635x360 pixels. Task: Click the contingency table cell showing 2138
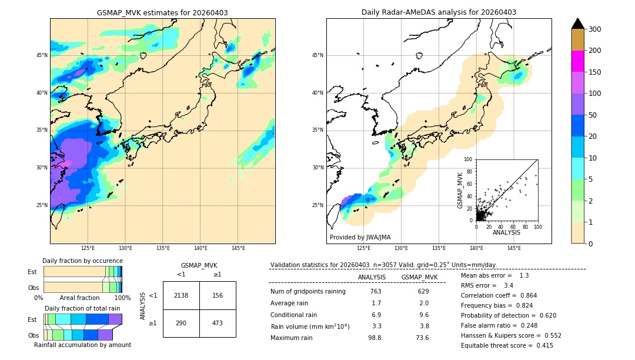[x=181, y=295]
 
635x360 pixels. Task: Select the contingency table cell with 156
[x=218, y=295]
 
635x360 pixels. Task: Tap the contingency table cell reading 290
[x=181, y=324]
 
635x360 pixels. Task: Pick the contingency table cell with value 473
[x=218, y=324]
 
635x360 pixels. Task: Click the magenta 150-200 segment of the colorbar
[x=577, y=61]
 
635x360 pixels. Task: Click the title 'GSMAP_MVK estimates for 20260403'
[x=162, y=12]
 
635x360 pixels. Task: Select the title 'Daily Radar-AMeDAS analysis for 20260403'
[x=439, y=12]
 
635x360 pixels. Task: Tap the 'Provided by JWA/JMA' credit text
[x=360, y=238]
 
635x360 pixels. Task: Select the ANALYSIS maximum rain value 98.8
[x=375, y=338]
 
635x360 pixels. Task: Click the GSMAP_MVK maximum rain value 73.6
[x=422, y=338]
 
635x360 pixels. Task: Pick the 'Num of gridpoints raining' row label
[x=308, y=292]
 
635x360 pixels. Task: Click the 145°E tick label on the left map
[x=238, y=248]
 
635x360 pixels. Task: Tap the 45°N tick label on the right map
[x=317, y=55]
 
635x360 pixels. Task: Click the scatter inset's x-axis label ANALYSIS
[x=506, y=233]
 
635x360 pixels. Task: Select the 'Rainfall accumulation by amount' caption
[x=82, y=345]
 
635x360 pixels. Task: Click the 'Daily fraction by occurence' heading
[x=82, y=261]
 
